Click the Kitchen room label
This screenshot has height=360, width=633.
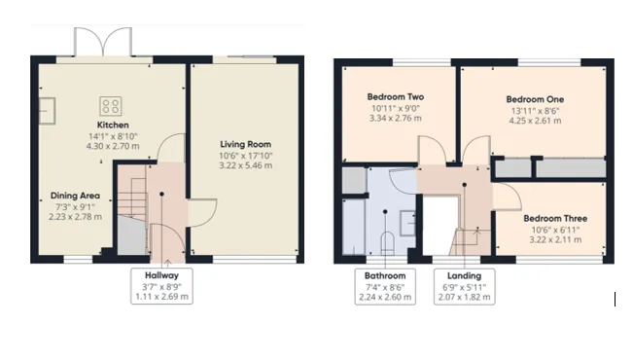click(113, 125)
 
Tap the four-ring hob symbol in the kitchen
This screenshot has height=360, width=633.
click(111, 106)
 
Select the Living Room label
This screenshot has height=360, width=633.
click(245, 144)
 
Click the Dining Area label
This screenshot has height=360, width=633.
click(75, 196)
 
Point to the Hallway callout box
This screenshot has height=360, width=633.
click(161, 286)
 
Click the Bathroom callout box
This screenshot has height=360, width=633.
click(385, 286)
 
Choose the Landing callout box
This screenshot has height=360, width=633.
click(464, 286)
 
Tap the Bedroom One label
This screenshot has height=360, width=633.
click(535, 99)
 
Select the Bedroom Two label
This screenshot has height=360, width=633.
click(395, 97)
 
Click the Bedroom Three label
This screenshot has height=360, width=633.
click(555, 219)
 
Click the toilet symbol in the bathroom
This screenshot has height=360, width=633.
click(387, 243)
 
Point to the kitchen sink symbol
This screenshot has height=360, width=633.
click(48, 111)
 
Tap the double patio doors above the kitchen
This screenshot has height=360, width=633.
click(103, 42)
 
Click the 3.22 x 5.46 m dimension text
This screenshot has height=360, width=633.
click(245, 165)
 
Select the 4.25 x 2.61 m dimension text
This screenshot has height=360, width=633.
click(535, 121)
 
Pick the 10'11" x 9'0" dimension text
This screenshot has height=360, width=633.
click(396, 108)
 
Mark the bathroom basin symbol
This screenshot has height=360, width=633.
click(407, 223)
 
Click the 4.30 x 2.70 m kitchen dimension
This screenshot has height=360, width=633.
click(113, 146)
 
